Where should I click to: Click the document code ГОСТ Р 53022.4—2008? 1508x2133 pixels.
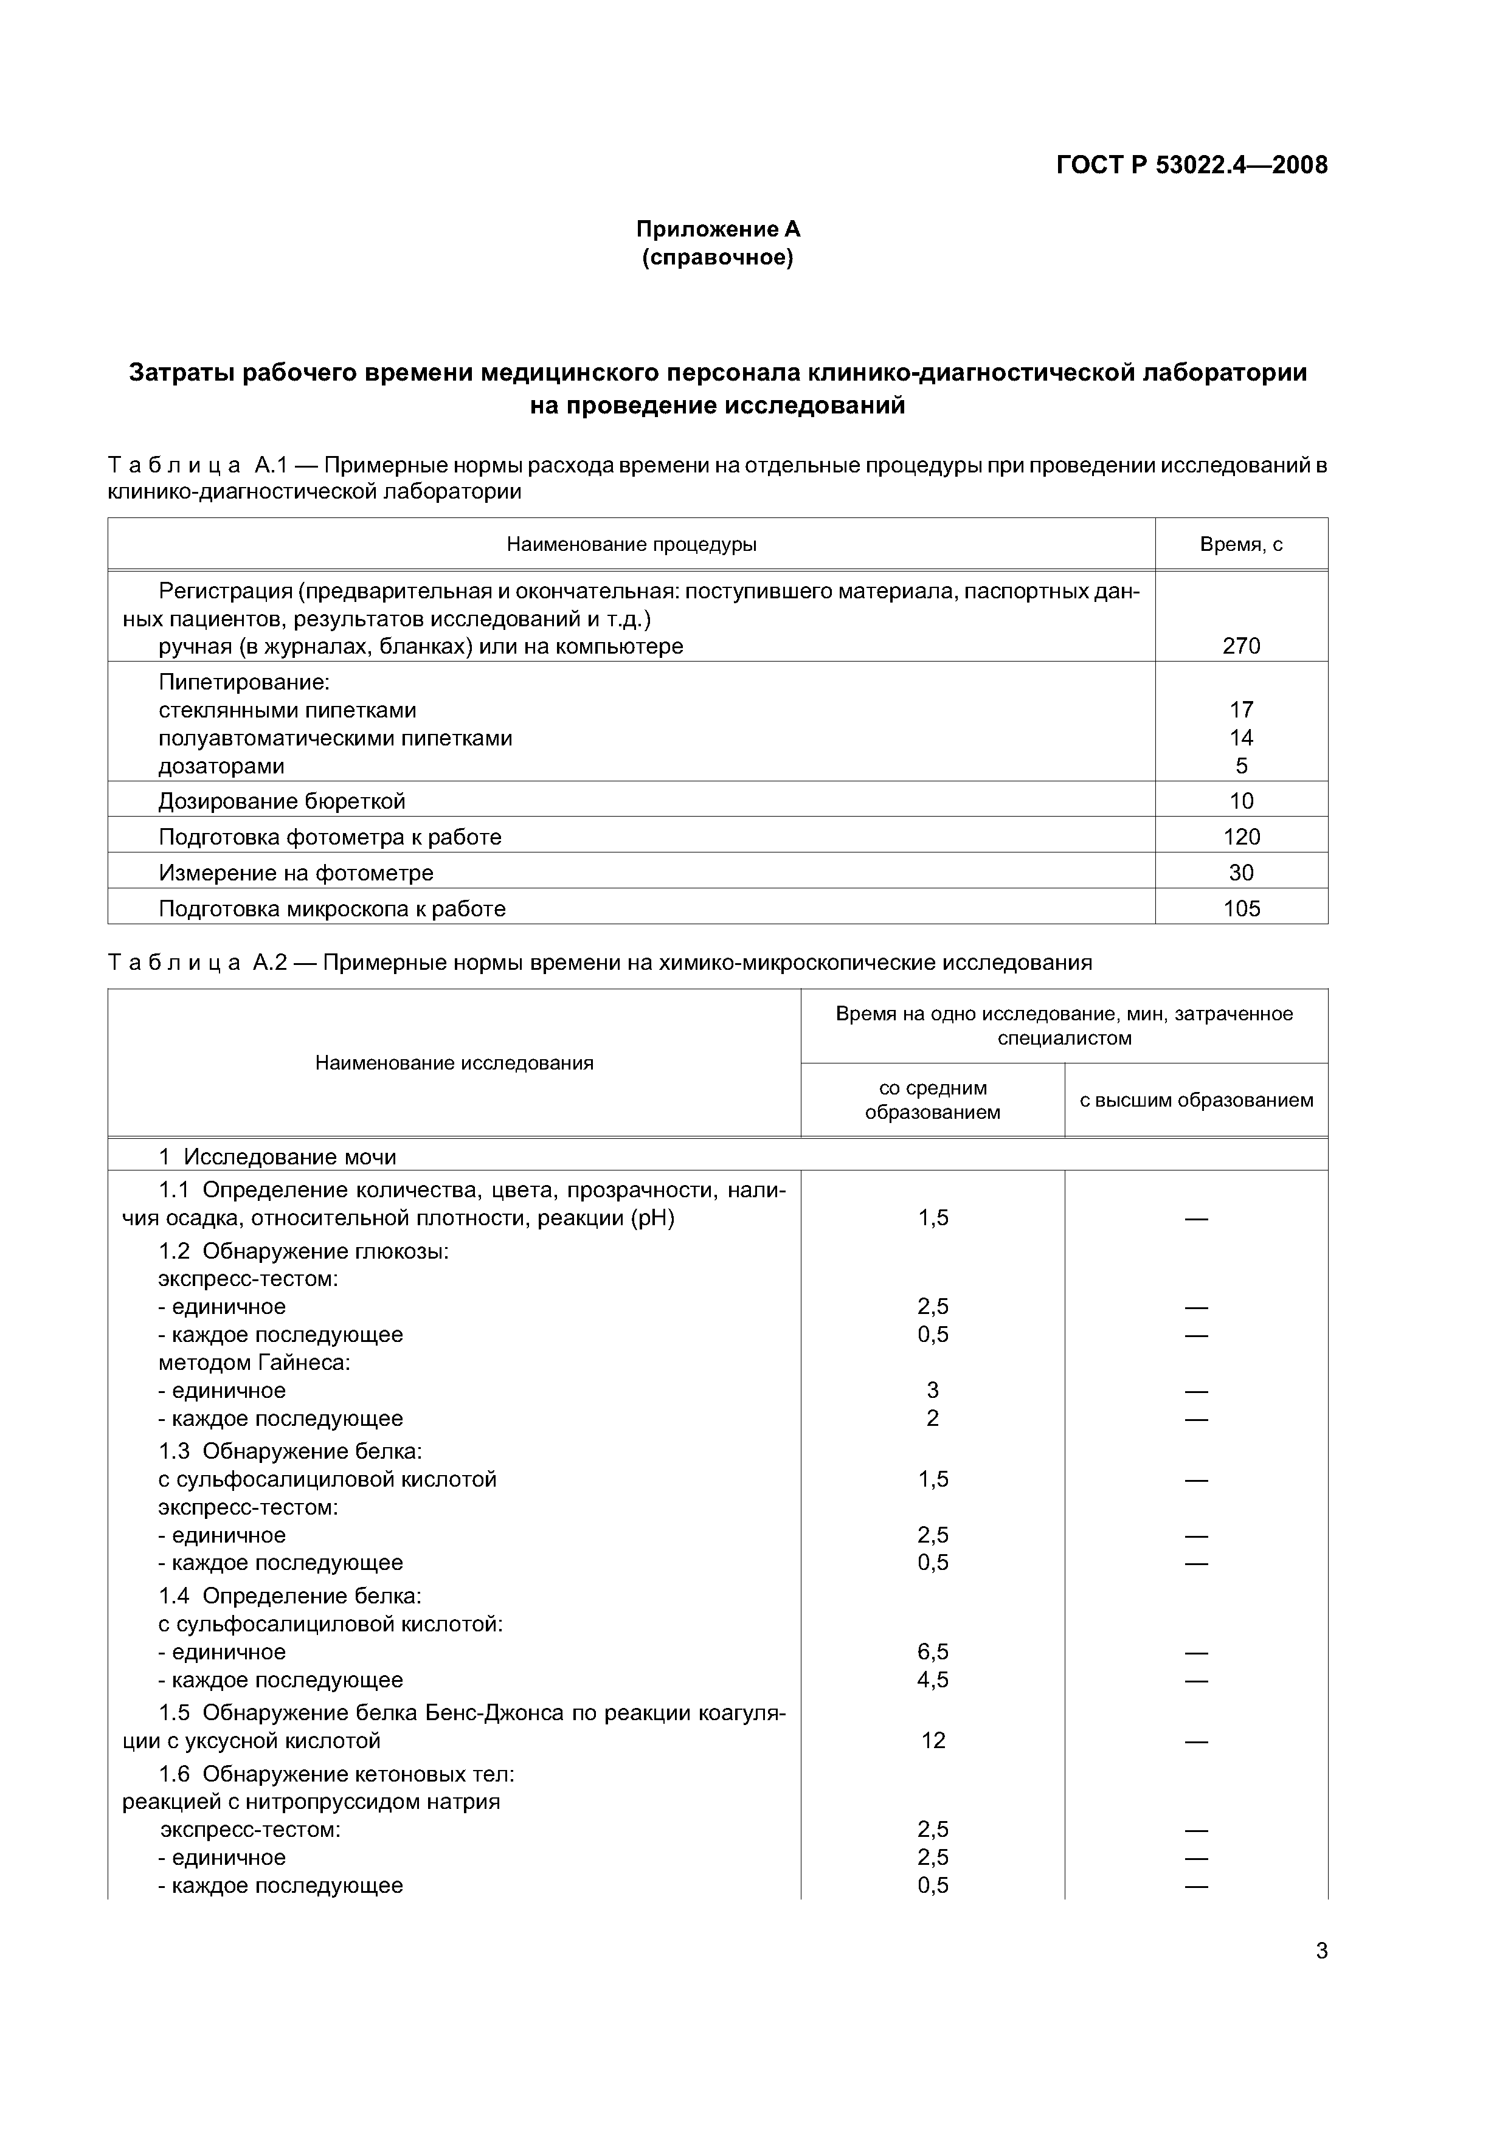(1192, 165)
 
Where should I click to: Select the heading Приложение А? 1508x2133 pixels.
(718, 229)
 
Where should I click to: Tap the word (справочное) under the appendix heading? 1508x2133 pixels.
(718, 257)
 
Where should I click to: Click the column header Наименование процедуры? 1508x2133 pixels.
(631, 544)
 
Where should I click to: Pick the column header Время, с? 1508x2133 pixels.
(1240, 544)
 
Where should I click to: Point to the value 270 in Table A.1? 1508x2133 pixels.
(1240, 646)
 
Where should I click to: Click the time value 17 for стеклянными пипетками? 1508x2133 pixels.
(1240, 710)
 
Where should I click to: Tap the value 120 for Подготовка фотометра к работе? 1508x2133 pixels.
(1240, 837)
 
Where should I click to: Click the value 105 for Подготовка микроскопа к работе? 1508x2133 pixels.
(1240, 908)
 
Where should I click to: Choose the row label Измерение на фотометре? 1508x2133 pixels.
(296, 873)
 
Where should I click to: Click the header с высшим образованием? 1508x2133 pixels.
(1196, 1100)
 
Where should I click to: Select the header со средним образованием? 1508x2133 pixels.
(932, 1100)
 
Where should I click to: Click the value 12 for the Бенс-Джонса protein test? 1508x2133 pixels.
(933, 1740)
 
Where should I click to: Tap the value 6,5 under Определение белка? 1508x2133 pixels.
(933, 1652)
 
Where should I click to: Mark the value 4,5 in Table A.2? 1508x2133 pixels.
(933, 1679)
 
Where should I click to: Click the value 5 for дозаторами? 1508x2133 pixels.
(1240, 766)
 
